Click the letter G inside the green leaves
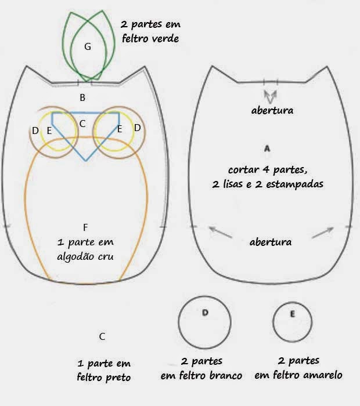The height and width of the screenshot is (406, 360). pyautogui.click(x=88, y=47)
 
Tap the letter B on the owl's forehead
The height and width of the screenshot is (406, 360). pyautogui.click(x=82, y=97)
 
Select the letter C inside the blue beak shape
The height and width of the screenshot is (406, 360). pyautogui.click(x=82, y=123)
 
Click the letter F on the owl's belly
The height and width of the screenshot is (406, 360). pyautogui.click(x=85, y=227)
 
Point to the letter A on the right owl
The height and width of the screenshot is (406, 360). pyautogui.click(x=267, y=149)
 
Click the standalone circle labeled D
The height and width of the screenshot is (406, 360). pyautogui.click(x=205, y=321)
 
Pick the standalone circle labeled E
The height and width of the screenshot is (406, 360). pyautogui.click(x=292, y=321)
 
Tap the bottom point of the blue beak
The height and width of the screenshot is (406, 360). pyautogui.click(x=86, y=161)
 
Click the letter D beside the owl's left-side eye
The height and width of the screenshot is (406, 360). pyautogui.click(x=35, y=130)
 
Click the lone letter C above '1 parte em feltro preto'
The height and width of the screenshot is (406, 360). pyautogui.click(x=102, y=336)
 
